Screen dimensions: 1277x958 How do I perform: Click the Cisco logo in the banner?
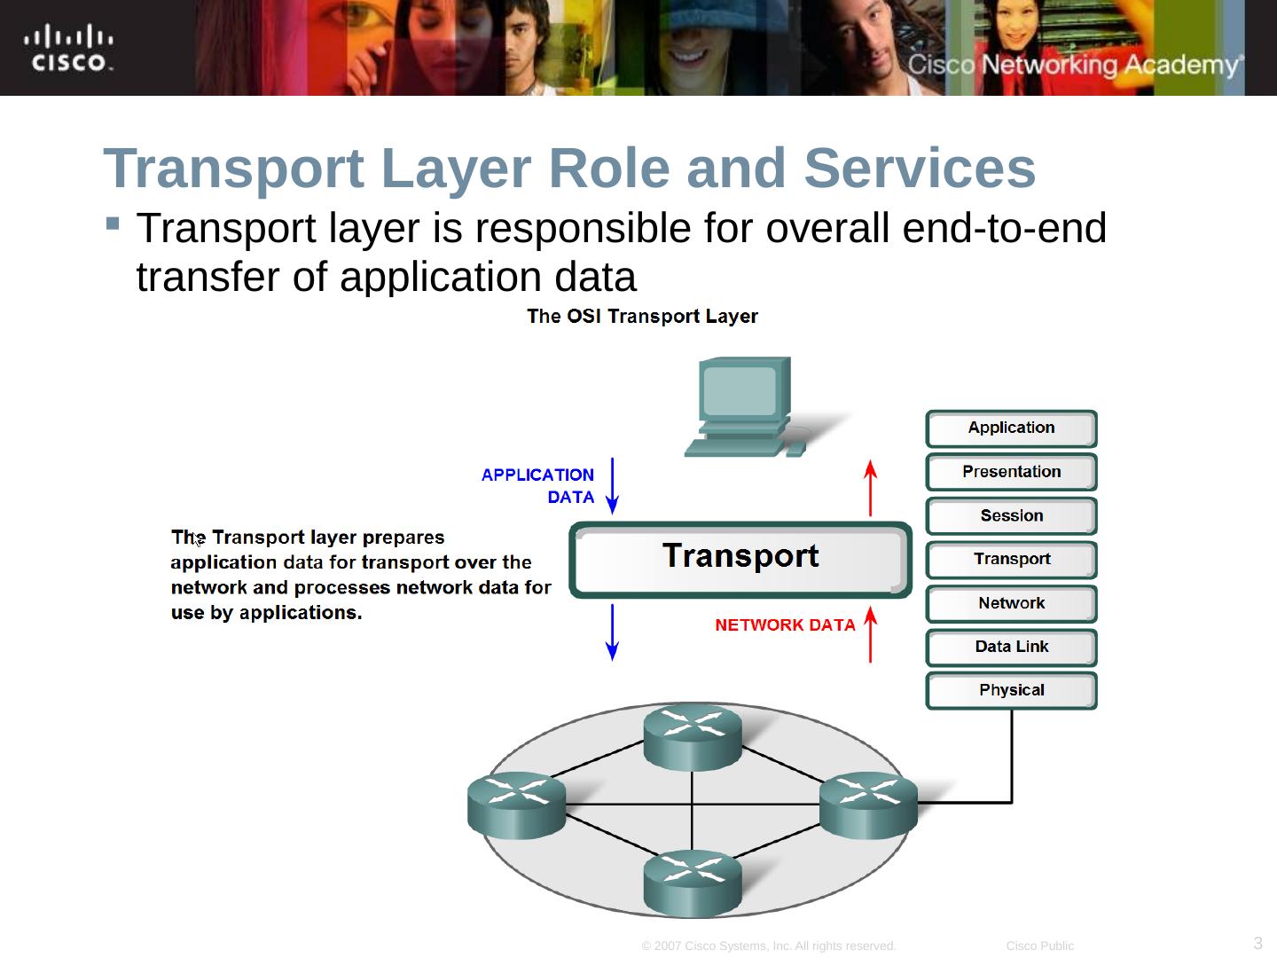tap(69, 49)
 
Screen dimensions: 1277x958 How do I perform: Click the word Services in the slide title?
tap(920, 169)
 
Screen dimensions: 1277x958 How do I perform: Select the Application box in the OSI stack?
tap(1011, 428)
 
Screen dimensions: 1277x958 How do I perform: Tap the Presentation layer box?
tap(1011, 472)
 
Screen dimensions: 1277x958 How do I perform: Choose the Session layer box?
tap(1011, 516)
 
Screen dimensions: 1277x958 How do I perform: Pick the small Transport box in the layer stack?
tap(1011, 560)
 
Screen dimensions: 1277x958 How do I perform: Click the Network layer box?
tap(1011, 604)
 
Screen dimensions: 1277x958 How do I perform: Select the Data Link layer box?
tap(1011, 648)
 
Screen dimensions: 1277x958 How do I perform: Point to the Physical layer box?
tap(1011, 691)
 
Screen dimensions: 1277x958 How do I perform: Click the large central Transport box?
tap(740, 558)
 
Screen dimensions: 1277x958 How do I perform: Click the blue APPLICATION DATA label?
tap(538, 486)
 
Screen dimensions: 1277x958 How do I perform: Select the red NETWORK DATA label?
tap(785, 625)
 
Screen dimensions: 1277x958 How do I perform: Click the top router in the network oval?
tap(693, 736)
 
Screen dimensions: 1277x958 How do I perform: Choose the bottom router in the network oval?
tap(693, 882)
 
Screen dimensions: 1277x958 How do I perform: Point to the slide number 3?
tap(1258, 943)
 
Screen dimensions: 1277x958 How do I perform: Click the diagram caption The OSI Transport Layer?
tap(642, 317)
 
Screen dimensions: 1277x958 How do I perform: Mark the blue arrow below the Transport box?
tap(612, 632)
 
